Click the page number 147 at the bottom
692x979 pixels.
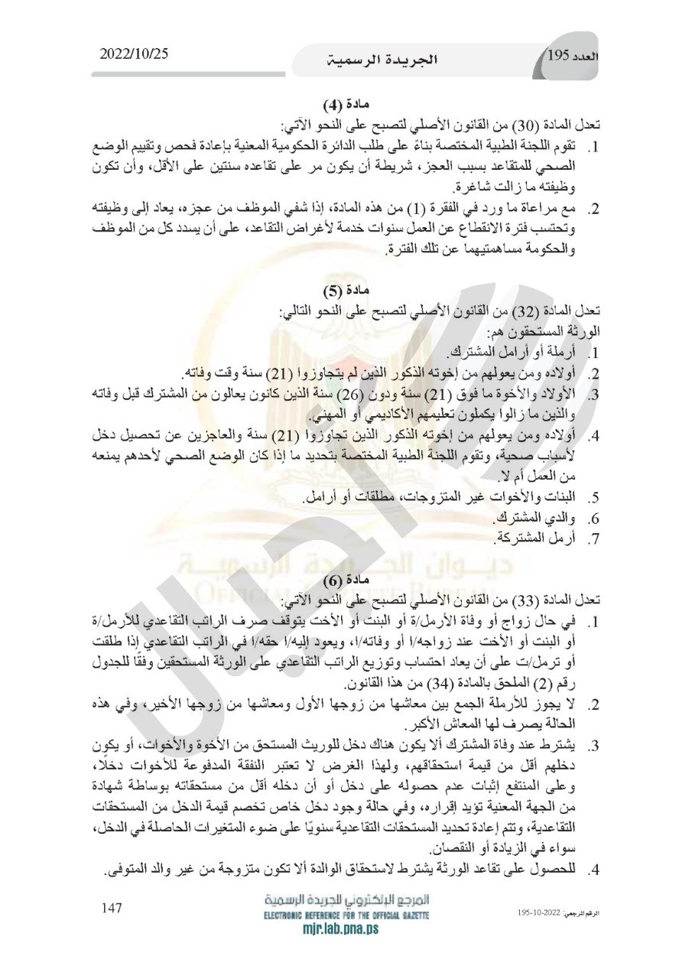pyautogui.click(x=112, y=908)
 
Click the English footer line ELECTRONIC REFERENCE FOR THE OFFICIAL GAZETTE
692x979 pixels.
pyautogui.click(x=346, y=916)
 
